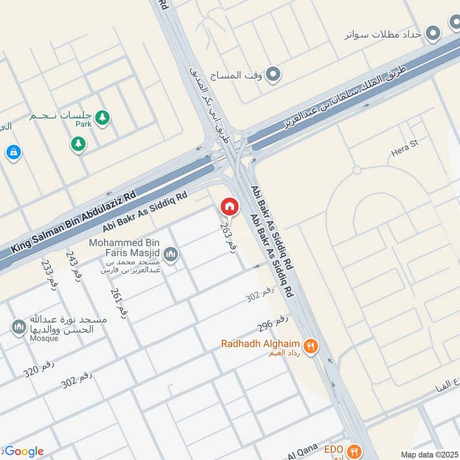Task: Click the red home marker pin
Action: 229,206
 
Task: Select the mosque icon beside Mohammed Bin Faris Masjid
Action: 170,254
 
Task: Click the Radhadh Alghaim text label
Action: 261,344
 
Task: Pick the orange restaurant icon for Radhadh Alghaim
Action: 311,346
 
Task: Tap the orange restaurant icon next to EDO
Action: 355,450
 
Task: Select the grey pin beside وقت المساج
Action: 274,74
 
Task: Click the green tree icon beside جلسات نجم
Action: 102,118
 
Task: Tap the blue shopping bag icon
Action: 13,152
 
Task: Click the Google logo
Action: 23,451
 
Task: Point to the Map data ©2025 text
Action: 428,454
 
